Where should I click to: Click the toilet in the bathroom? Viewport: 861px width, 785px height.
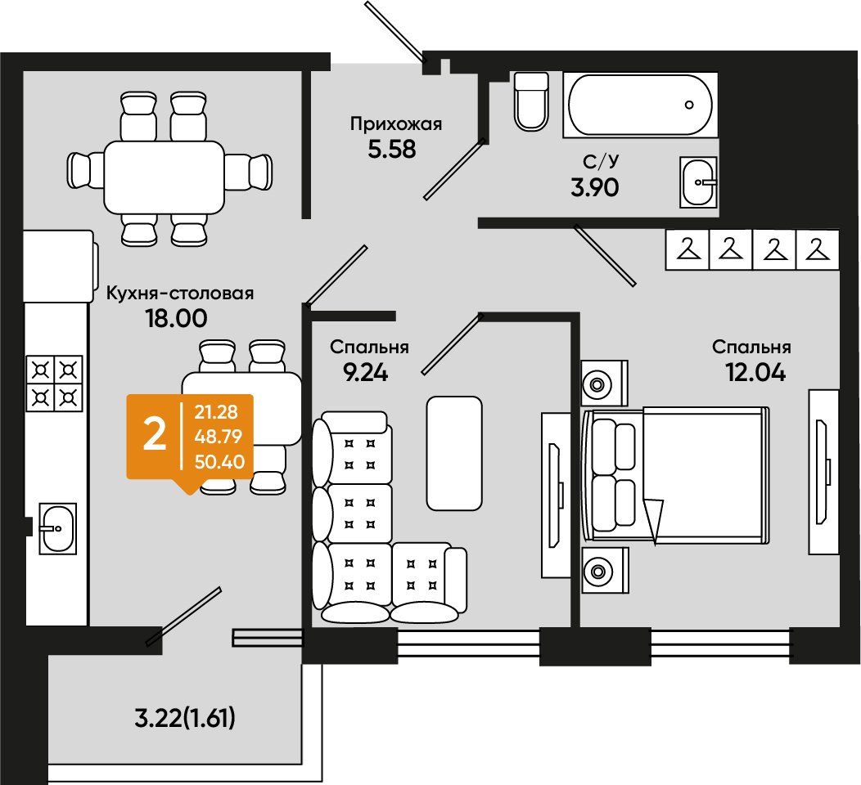point(531,101)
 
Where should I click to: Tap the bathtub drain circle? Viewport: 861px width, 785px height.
point(689,104)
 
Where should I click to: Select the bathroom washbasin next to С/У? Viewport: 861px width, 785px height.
point(698,182)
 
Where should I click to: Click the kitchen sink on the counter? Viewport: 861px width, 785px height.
point(57,527)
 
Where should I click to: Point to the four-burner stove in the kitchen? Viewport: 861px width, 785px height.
point(54,383)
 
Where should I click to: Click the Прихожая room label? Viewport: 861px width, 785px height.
point(396,124)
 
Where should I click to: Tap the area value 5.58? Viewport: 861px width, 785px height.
point(391,149)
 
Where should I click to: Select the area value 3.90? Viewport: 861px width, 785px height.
point(595,187)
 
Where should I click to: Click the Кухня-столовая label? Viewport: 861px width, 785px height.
point(179,293)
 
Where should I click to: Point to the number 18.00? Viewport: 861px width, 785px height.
point(176,318)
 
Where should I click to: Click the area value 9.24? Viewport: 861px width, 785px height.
point(365,373)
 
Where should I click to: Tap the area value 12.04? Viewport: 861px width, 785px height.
point(755,373)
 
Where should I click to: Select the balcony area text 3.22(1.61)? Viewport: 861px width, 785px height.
point(185,717)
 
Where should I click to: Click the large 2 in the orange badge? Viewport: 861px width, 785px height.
point(155,435)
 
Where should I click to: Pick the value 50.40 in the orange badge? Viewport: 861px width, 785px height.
point(219,462)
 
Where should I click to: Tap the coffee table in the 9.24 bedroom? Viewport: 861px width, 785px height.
point(454,453)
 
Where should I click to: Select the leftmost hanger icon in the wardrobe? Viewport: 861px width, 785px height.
point(688,249)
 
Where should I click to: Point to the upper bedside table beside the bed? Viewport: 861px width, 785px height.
point(604,384)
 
